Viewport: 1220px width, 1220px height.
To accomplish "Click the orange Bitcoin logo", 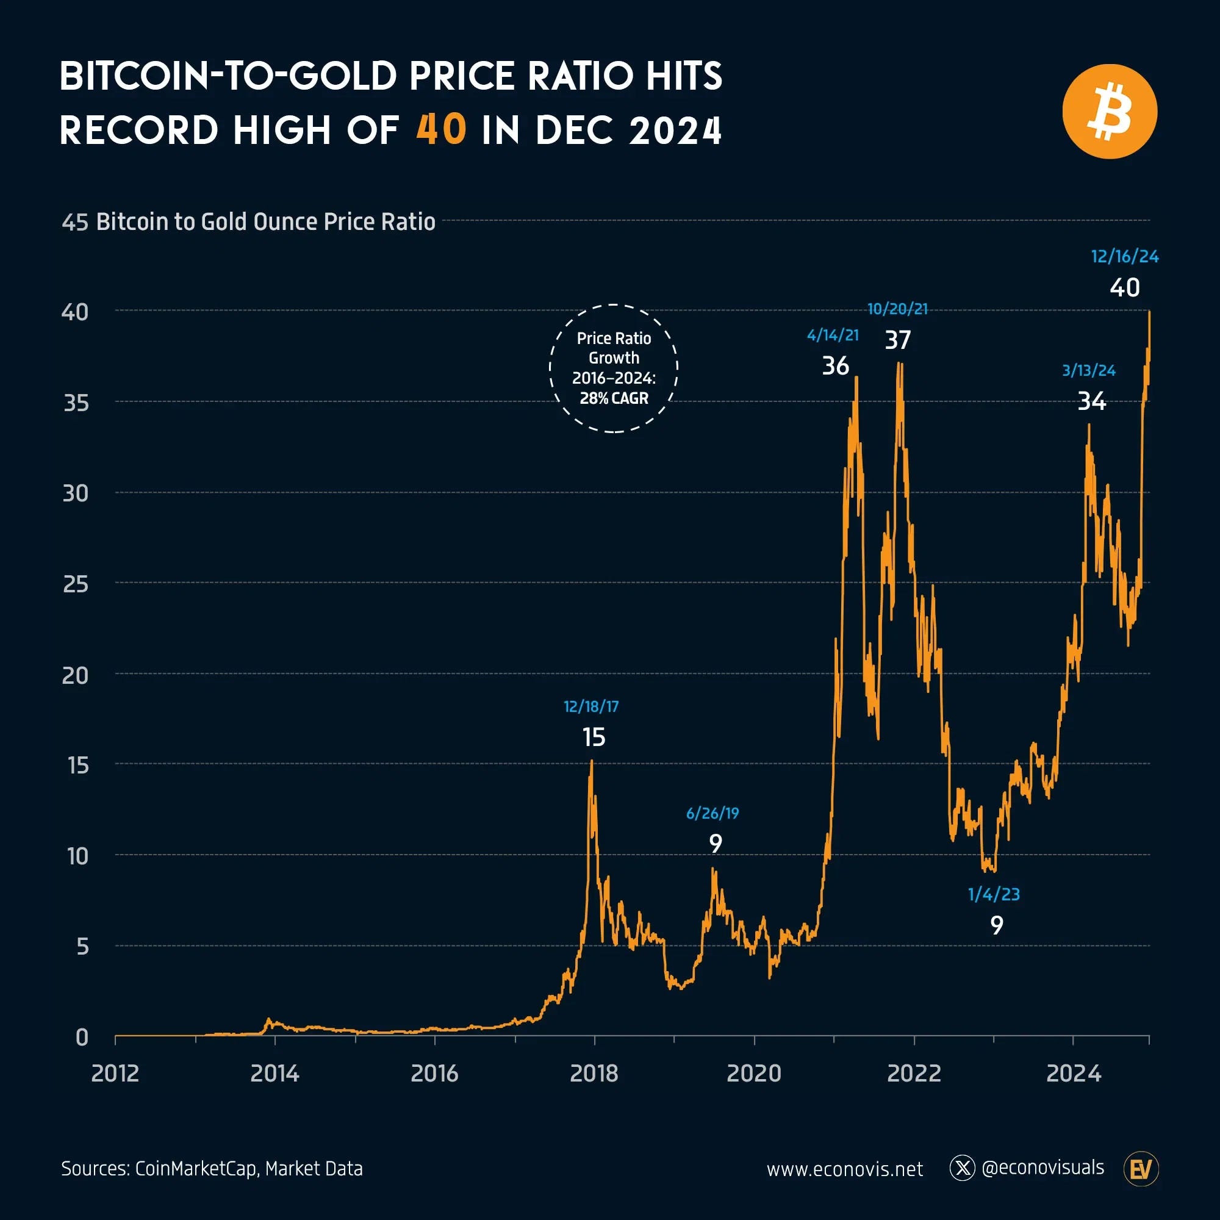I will pyautogui.click(x=1110, y=112).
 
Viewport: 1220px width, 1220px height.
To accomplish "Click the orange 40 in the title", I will pyautogui.click(x=442, y=130).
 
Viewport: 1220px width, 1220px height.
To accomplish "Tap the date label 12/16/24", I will pyautogui.click(x=1125, y=256).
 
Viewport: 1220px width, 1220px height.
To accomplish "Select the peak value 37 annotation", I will pyautogui.click(x=897, y=340).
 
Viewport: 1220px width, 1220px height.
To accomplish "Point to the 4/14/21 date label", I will pyautogui.click(x=832, y=335).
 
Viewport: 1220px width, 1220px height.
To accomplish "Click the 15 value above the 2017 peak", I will pyautogui.click(x=594, y=737).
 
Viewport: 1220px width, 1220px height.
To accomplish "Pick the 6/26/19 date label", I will pyautogui.click(x=712, y=813).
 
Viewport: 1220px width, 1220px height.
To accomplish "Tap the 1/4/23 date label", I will pyautogui.click(x=993, y=894).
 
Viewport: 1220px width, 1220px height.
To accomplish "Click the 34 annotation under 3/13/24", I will pyautogui.click(x=1091, y=401).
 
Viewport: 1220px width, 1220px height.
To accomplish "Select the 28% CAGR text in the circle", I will pyautogui.click(x=614, y=398).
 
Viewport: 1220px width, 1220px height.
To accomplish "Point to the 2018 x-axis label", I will pyautogui.click(x=594, y=1074).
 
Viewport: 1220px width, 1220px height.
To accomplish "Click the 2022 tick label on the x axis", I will pyautogui.click(x=914, y=1074).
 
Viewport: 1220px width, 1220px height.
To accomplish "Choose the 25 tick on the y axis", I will pyautogui.click(x=76, y=584).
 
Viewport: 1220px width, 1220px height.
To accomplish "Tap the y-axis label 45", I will pyautogui.click(x=74, y=222).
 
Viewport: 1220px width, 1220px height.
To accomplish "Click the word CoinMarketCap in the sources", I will pyautogui.click(x=196, y=1169).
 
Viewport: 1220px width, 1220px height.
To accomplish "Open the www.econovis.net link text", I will pyautogui.click(x=844, y=1169).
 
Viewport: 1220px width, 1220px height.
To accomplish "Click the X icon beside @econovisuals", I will pyautogui.click(x=963, y=1168).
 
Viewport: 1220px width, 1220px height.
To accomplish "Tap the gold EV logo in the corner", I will pyautogui.click(x=1141, y=1169).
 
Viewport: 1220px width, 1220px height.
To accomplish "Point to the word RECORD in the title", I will pyautogui.click(x=139, y=130).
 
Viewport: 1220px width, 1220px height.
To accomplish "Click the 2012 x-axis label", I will pyautogui.click(x=115, y=1074).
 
